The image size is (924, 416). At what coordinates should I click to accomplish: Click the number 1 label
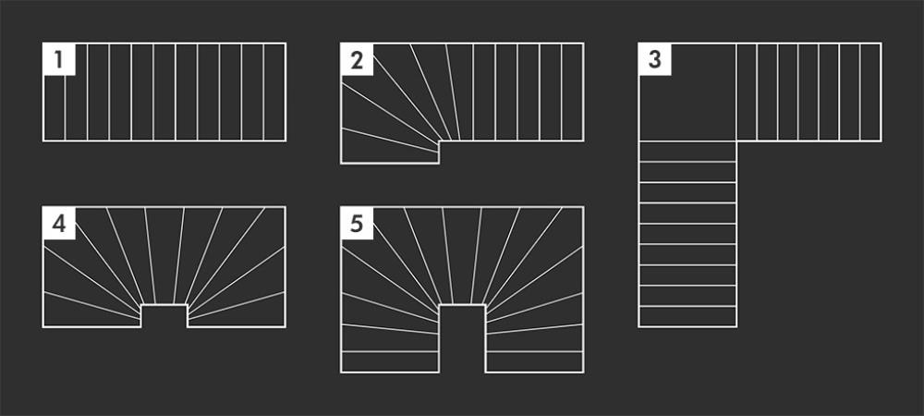pyautogui.click(x=58, y=60)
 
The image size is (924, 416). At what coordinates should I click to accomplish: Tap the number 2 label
pyautogui.click(x=357, y=60)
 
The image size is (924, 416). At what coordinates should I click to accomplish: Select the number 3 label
pyautogui.click(x=655, y=60)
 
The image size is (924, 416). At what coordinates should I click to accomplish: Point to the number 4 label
pyautogui.click(x=59, y=224)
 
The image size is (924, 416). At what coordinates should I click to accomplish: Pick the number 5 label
pyautogui.click(x=357, y=224)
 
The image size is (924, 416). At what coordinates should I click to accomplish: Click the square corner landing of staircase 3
pyautogui.click(x=687, y=92)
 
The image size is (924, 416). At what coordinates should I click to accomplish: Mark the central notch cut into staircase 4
pyautogui.click(x=164, y=316)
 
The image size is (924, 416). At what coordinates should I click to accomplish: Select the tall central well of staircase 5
pyautogui.click(x=462, y=338)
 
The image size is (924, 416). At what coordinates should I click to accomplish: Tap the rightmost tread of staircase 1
pyautogui.click(x=274, y=92)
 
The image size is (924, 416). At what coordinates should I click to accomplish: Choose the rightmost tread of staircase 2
pyautogui.click(x=572, y=92)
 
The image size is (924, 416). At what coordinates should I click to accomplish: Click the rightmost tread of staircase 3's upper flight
pyautogui.click(x=870, y=92)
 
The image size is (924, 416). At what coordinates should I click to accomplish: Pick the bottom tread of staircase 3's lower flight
pyautogui.click(x=687, y=316)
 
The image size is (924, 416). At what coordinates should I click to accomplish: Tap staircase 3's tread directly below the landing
pyautogui.click(x=687, y=152)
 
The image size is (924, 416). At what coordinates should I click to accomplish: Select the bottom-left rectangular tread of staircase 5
pyautogui.click(x=390, y=361)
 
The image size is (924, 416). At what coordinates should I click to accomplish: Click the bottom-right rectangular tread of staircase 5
pyautogui.click(x=534, y=361)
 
